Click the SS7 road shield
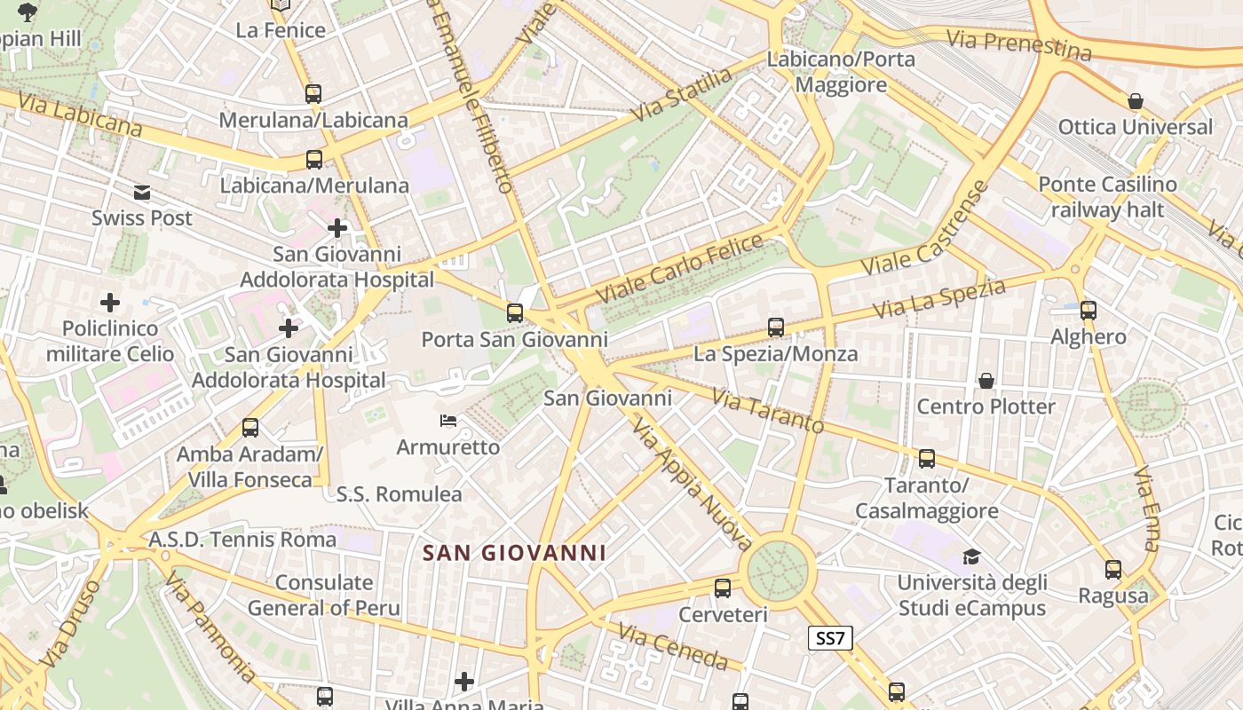[x=830, y=637]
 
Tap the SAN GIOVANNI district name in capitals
[x=514, y=553]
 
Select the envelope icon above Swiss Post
[x=142, y=192]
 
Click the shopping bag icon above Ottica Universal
[x=1135, y=101]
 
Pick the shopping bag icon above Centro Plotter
[x=986, y=381]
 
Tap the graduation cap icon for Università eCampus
[x=971, y=557]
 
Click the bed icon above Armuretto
[x=448, y=420]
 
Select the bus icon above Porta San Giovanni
[x=514, y=312]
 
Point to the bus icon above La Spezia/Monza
[x=775, y=327]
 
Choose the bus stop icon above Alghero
[x=1089, y=311]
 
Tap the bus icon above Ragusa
[x=1113, y=570]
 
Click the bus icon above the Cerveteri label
[x=723, y=588]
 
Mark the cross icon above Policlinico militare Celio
[x=110, y=303]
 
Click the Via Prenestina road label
[x=1018, y=43]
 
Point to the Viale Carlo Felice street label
[x=679, y=267]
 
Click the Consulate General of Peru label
[x=324, y=596]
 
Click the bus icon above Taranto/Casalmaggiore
[x=927, y=459]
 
